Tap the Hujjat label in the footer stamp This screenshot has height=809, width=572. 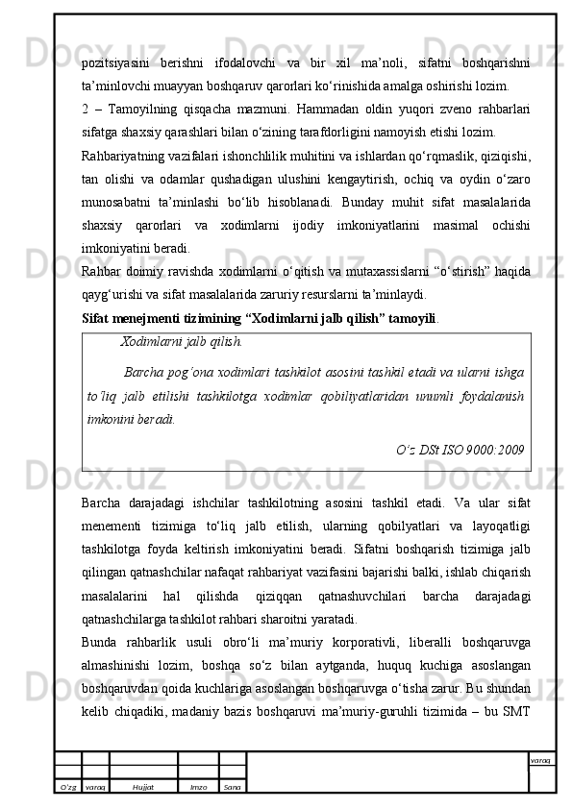143,787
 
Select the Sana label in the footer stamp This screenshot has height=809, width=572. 232,787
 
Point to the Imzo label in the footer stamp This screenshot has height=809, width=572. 198,787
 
